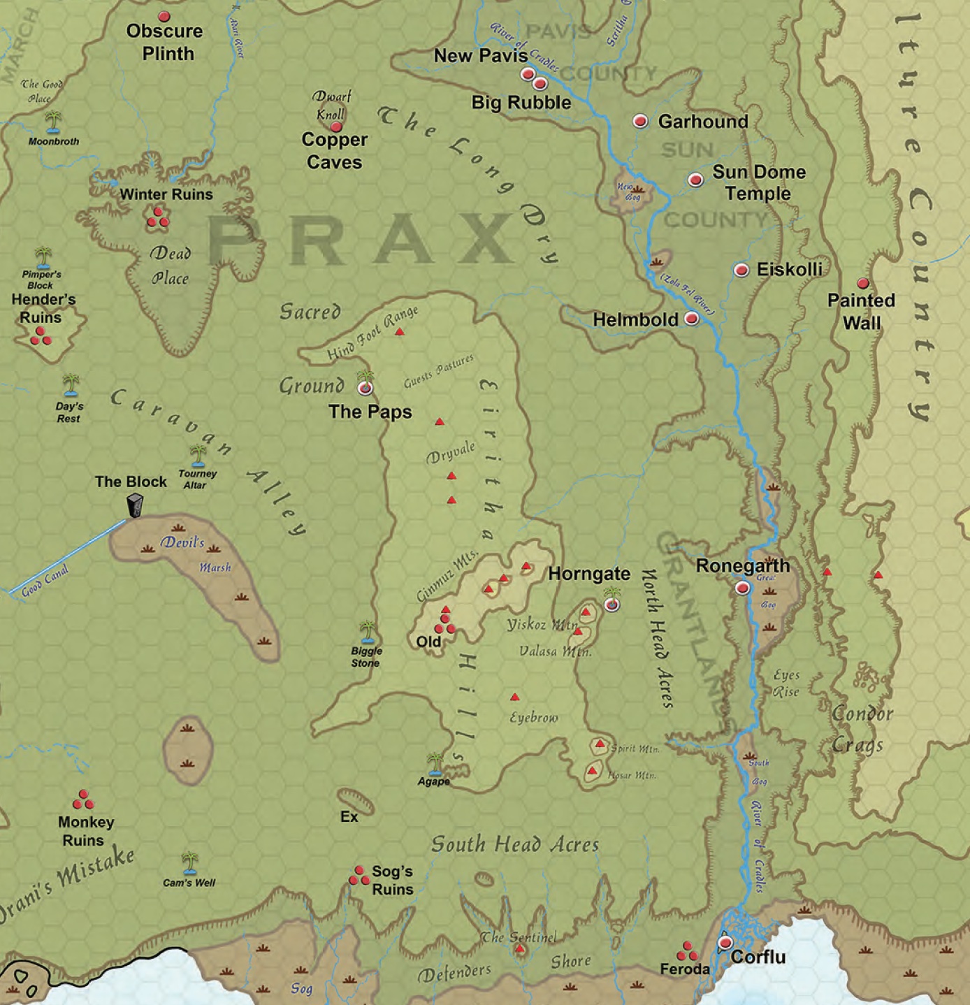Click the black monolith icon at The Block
click(x=134, y=505)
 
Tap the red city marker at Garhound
click(x=639, y=121)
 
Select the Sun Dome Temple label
click(x=758, y=182)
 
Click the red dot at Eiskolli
click(x=741, y=270)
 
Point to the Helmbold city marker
click(x=691, y=319)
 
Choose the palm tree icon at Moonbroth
click(x=53, y=122)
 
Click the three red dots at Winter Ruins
click(x=157, y=218)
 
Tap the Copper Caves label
click(x=334, y=151)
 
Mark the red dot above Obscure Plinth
click(x=164, y=16)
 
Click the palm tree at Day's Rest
click(x=71, y=384)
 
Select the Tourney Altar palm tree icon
click(x=198, y=455)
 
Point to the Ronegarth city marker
click(x=742, y=588)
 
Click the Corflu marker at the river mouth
click(x=725, y=943)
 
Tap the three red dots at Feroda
click(x=686, y=952)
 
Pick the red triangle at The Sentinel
click(x=519, y=948)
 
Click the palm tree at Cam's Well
click(x=189, y=862)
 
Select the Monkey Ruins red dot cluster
click(x=82, y=800)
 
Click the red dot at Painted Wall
click(x=863, y=283)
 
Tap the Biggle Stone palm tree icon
click(x=367, y=631)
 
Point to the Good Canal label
click(x=45, y=581)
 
